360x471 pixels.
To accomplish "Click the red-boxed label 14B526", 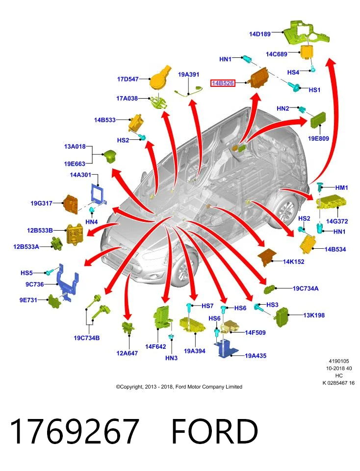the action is (x=223, y=83).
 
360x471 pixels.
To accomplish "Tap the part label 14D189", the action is (x=260, y=34).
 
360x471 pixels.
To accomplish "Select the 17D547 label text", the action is (x=128, y=79).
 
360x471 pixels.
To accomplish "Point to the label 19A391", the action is (x=188, y=74).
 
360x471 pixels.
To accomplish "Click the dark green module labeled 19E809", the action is (x=318, y=120).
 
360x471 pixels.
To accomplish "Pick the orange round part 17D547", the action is (x=161, y=78).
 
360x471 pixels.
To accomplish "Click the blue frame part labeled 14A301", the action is (x=98, y=194).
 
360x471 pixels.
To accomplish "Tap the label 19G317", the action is (x=41, y=203).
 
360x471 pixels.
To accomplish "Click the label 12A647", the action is (x=127, y=353).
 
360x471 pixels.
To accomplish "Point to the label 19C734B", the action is (x=86, y=338).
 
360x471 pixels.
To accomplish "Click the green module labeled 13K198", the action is (x=282, y=317).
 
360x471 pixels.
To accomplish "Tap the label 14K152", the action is (x=293, y=262).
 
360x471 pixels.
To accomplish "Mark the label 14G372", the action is (x=337, y=221).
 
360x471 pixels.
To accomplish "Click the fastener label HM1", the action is (x=341, y=188).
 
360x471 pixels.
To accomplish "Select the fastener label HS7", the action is (x=207, y=306).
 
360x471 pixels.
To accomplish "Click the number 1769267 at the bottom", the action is (x=75, y=431).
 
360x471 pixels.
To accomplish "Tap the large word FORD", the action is (x=214, y=431).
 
